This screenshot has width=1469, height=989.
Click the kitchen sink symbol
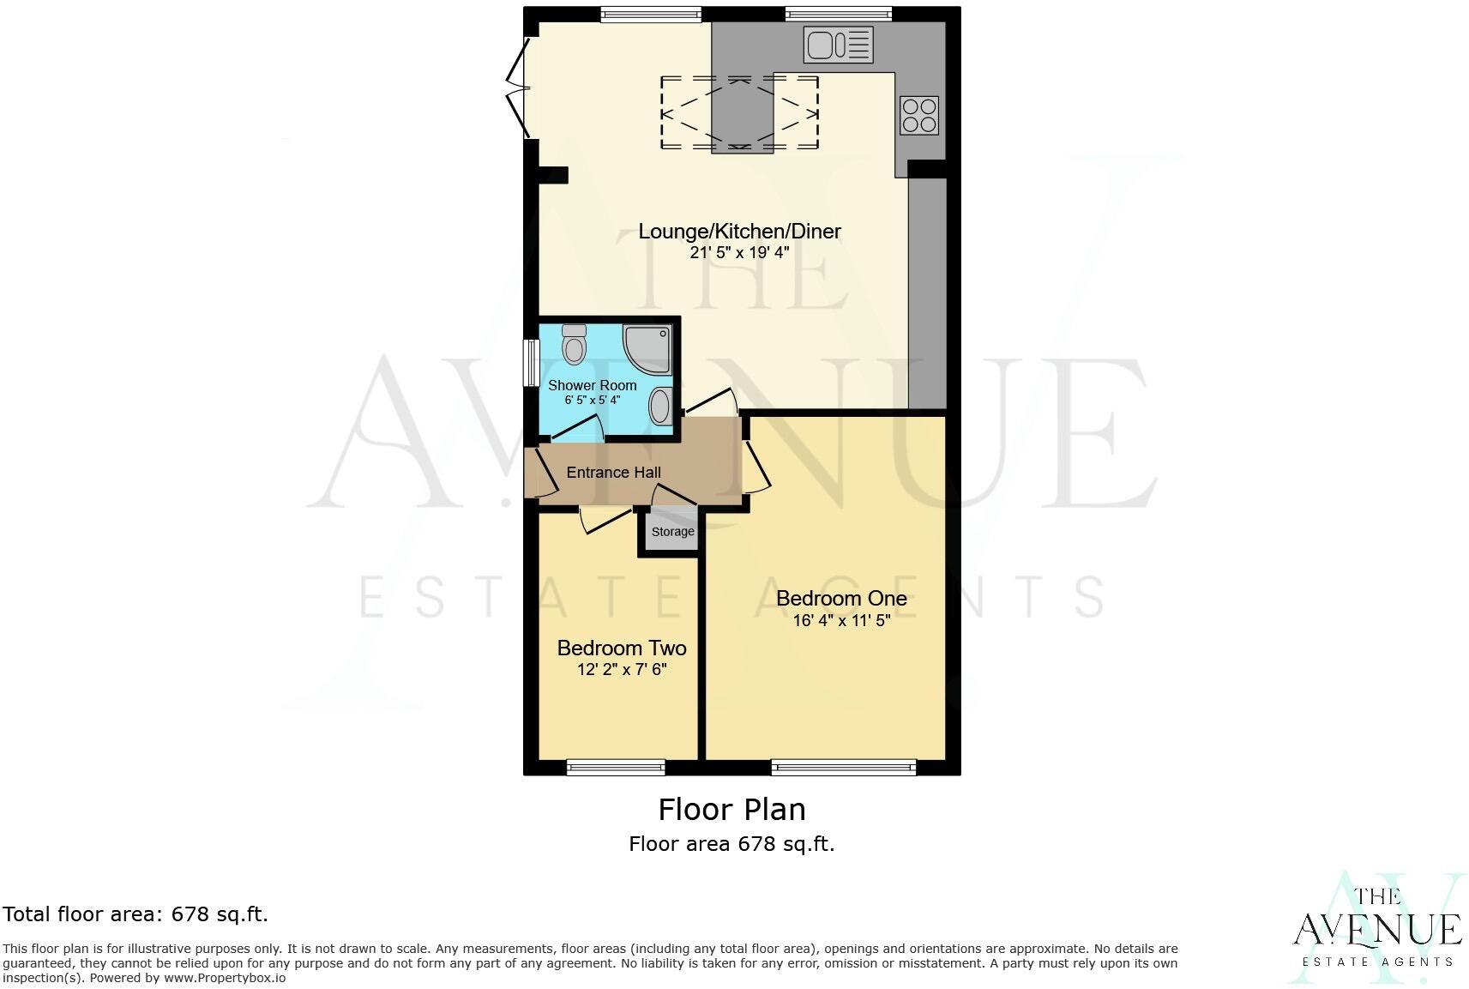[x=839, y=45]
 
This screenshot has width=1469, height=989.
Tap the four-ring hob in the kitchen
[x=918, y=116]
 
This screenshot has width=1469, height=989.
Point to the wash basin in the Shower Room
[x=660, y=406]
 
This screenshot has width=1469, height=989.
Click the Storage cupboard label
[x=672, y=532]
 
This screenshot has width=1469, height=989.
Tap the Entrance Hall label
[x=613, y=473]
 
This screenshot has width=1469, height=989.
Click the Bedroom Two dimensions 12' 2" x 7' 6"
[x=622, y=670]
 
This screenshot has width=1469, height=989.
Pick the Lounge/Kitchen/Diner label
[x=739, y=231]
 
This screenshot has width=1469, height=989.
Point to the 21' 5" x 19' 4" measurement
[x=739, y=253]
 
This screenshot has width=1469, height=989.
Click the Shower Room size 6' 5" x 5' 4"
[x=592, y=401]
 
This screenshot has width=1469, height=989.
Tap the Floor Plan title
[x=731, y=809]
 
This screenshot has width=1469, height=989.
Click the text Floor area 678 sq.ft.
[x=731, y=844]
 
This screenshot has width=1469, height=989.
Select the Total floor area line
[x=135, y=914]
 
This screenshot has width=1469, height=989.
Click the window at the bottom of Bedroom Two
[x=616, y=767]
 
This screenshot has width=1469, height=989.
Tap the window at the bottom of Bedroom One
[x=843, y=767]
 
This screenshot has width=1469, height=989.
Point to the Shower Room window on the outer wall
[x=531, y=364]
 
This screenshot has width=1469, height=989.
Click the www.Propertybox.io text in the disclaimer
[x=225, y=978]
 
